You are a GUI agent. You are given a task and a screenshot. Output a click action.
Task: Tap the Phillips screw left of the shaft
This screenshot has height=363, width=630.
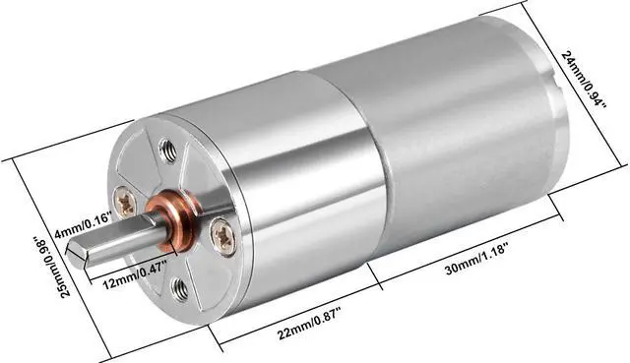click(x=126, y=204)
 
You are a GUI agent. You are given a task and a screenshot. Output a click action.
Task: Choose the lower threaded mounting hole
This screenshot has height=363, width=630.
click(x=180, y=288)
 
